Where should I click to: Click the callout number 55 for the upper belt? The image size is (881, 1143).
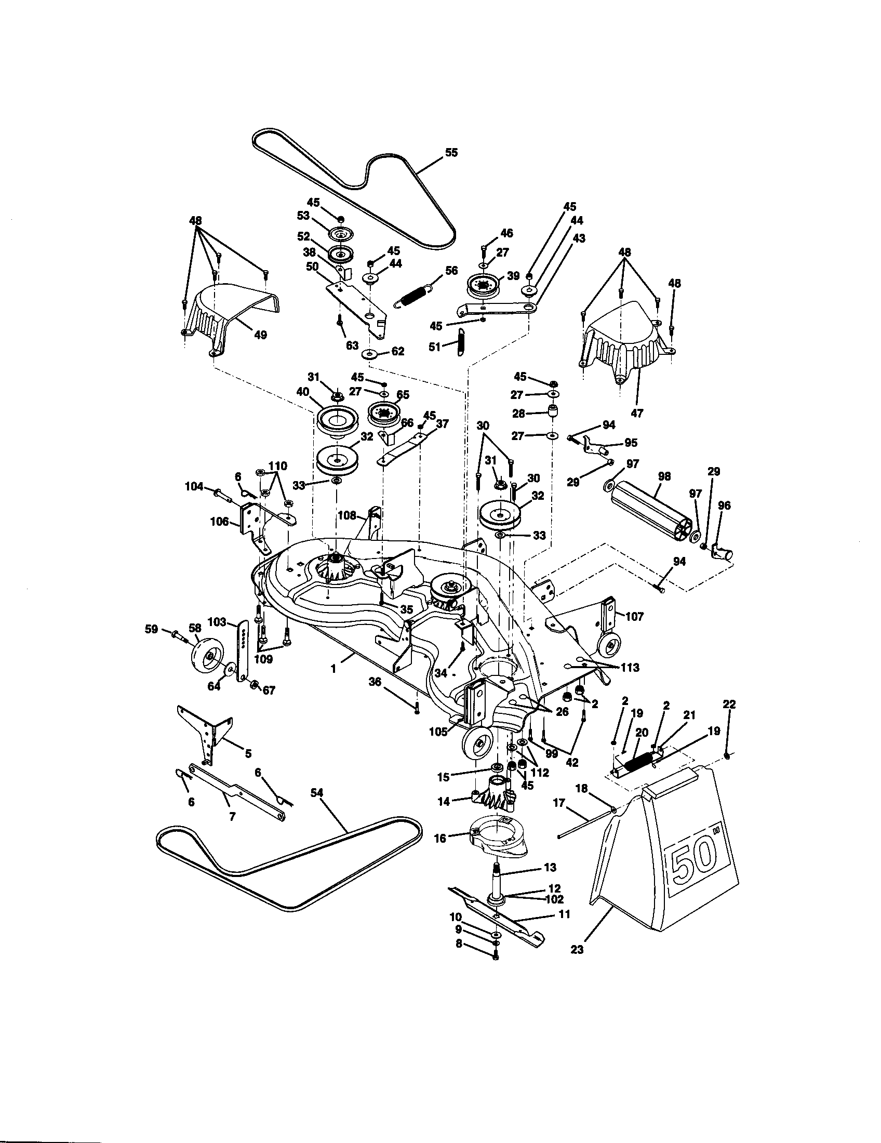click(x=450, y=152)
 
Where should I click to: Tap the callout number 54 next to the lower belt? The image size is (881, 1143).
click(x=316, y=793)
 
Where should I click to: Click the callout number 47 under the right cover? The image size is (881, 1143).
click(x=637, y=413)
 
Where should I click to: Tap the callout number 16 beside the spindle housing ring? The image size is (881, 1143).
click(x=440, y=839)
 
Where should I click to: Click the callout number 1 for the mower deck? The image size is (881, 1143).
click(x=333, y=668)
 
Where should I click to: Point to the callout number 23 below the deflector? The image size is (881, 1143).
click(x=577, y=949)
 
